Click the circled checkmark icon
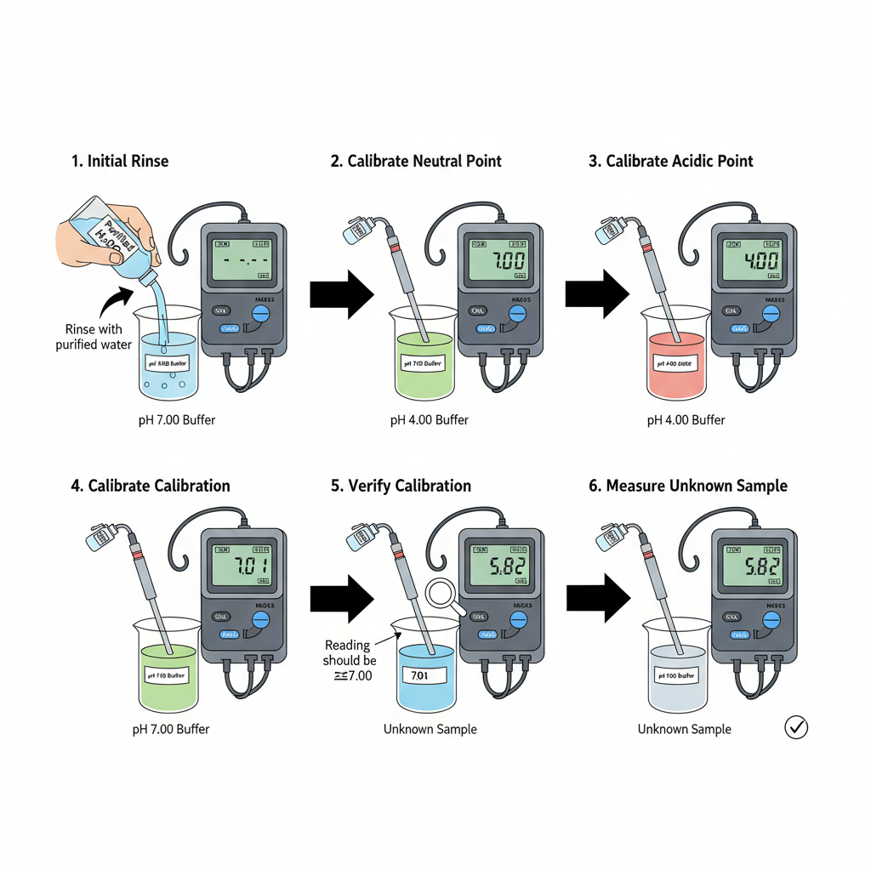[796, 727]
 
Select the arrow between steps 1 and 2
[341, 293]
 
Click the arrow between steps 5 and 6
[598, 599]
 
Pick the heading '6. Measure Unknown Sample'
[687, 486]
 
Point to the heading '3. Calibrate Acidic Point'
[670, 161]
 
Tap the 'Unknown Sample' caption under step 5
[430, 729]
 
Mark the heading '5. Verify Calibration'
[401, 486]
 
